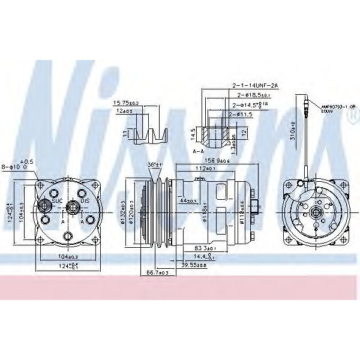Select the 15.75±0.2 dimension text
126,103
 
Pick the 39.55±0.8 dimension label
194,265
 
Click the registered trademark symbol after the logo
351,118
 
